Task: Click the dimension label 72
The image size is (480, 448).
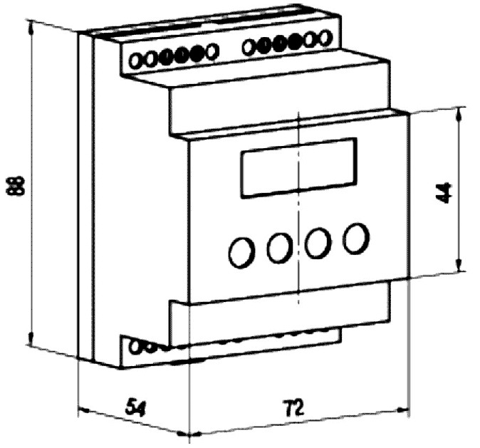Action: coord(293,407)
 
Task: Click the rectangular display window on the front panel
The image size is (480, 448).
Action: coord(299,168)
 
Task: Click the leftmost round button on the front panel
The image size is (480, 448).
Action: coord(241,253)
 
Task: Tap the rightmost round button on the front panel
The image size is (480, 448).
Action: coord(355,238)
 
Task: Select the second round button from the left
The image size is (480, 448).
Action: coord(279,248)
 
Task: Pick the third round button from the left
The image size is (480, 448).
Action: coord(318,243)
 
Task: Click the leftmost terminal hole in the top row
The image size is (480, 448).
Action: coord(135,61)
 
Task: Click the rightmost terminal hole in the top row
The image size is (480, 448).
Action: coord(326,37)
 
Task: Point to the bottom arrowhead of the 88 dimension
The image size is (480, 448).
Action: coord(31,338)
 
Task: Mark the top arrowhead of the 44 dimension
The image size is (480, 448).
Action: coord(459,115)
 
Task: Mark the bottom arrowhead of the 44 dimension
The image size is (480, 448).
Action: coord(459,264)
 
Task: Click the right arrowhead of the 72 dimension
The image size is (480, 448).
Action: coord(403,409)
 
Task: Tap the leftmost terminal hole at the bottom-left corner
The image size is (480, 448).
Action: coord(135,346)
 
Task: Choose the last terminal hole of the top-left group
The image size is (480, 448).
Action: coord(212,51)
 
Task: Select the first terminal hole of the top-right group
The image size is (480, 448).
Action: coord(249,46)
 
